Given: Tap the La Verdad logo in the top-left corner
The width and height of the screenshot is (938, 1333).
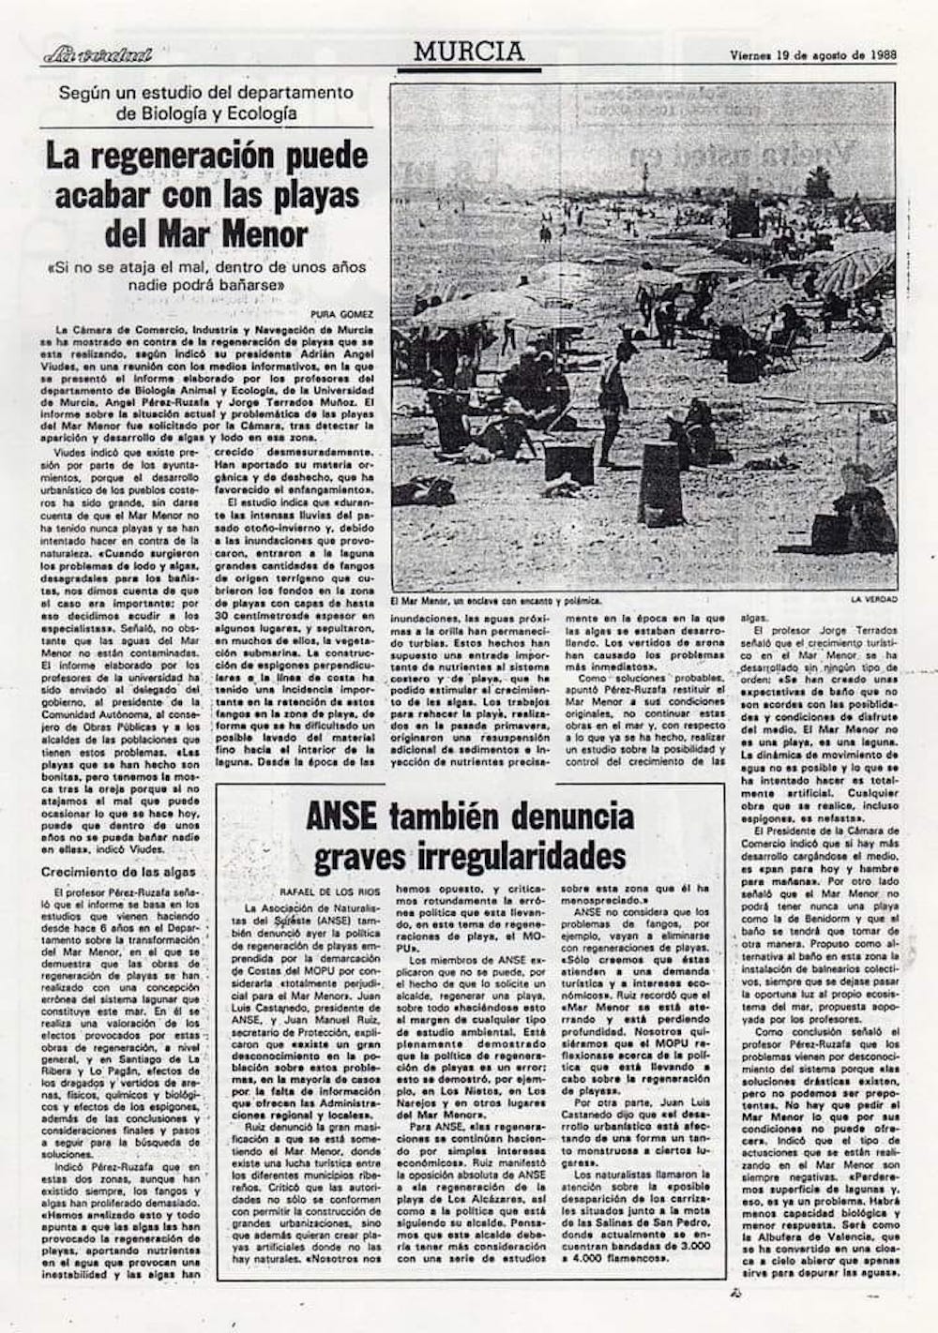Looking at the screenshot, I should point(97,55).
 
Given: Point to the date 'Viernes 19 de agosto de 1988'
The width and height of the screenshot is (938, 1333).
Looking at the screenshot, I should point(813,53).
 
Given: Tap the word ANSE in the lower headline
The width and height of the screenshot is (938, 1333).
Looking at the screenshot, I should point(342,817).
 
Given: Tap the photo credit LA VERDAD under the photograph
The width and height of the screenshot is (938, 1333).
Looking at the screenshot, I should point(873,599).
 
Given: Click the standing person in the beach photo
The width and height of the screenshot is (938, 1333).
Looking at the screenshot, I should point(611,395).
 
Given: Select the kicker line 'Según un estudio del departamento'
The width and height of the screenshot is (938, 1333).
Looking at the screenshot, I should point(205,93).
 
